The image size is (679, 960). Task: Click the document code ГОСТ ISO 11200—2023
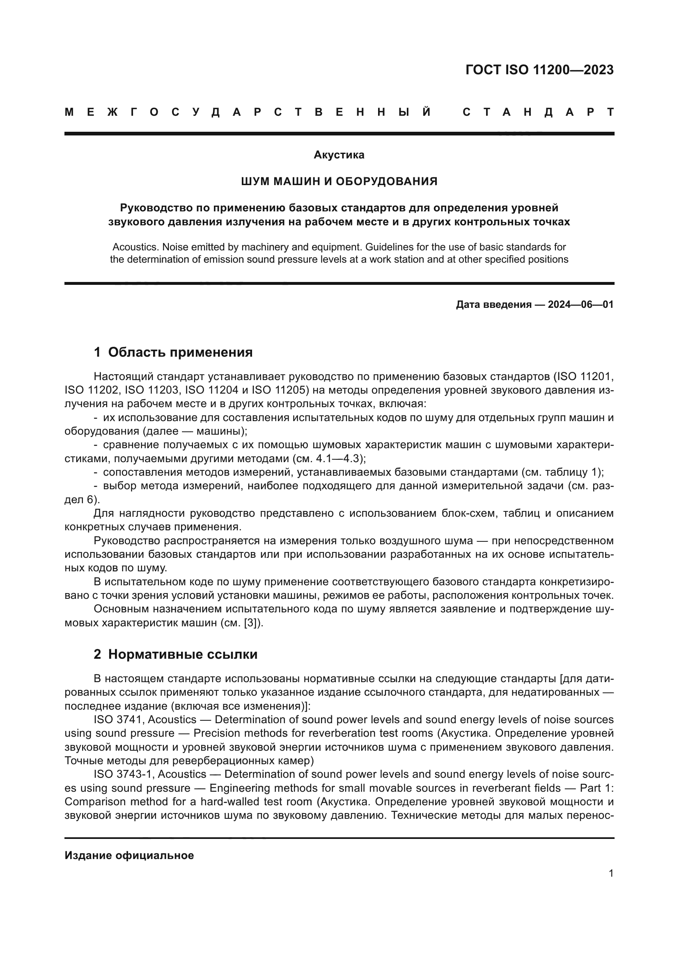(x=539, y=70)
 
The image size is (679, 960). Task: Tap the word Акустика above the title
(x=339, y=155)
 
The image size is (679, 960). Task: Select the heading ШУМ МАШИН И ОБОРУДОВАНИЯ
(x=339, y=181)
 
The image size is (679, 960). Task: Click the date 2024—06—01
(x=581, y=305)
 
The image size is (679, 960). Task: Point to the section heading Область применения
(x=180, y=353)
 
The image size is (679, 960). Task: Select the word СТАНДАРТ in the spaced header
(x=539, y=112)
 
